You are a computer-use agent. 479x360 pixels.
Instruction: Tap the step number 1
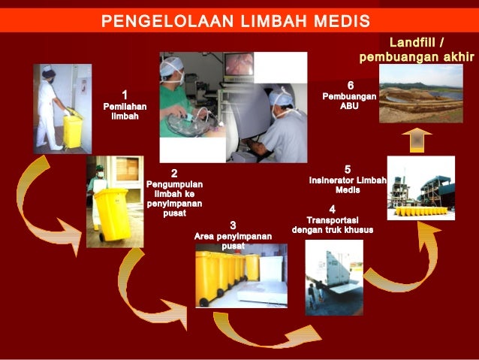pos(125,95)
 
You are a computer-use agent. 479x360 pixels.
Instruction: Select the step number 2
pos(174,174)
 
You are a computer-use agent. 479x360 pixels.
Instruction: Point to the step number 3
pos(233,225)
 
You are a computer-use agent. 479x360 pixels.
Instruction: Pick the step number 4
pos(332,208)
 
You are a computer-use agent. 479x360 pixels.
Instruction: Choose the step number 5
pos(348,169)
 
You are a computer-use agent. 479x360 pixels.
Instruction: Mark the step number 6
pos(350,85)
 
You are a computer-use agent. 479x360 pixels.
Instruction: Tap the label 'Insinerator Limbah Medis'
pos(348,185)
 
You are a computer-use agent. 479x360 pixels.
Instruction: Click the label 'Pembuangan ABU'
pos(350,101)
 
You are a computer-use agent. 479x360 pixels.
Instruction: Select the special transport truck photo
pos(334,274)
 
